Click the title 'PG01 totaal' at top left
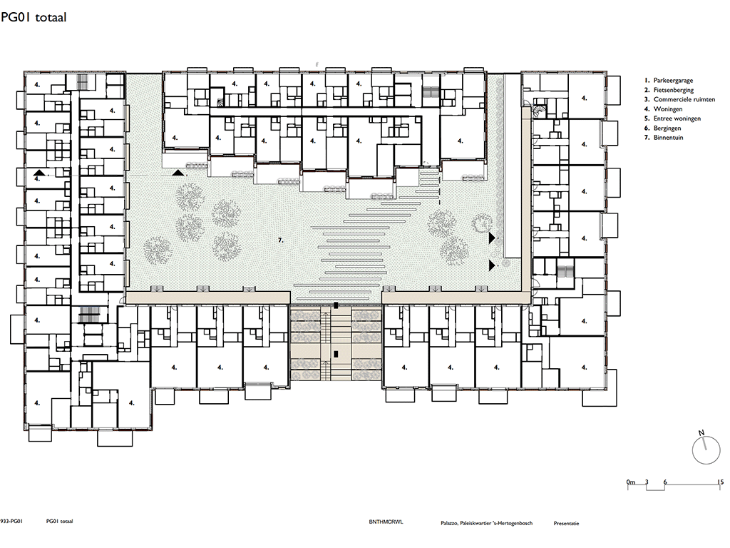coord(34,17)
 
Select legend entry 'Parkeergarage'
coord(673,80)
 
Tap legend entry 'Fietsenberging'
coord(673,90)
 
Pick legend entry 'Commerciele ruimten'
coord(684,99)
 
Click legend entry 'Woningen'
coord(667,109)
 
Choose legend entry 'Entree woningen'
coord(677,118)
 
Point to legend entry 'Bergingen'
coord(667,128)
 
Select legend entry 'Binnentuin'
coord(668,138)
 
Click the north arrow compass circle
coord(706,451)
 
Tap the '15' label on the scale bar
coord(720,482)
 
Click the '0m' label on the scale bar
coord(631,482)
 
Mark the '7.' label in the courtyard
coord(280,240)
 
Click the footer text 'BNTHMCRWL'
coord(386,522)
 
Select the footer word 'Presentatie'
coord(566,523)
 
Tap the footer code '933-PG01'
coord(11,522)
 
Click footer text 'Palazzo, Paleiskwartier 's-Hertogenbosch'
coord(486,523)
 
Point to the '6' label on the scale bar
coord(665,482)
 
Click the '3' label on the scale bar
coord(647,482)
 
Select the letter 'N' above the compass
coord(701,433)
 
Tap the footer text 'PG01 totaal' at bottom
coord(60,522)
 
